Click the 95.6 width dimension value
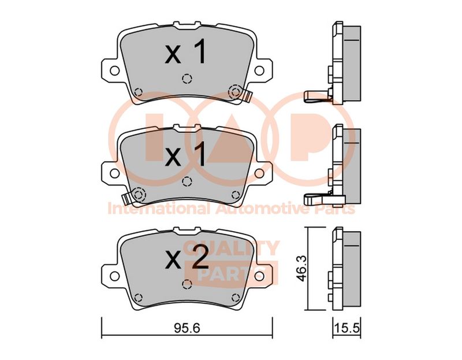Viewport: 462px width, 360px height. pyautogui.click(x=187, y=328)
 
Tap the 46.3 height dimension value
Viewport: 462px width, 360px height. pyautogui.click(x=301, y=269)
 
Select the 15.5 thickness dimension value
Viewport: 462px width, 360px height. pyautogui.click(x=347, y=328)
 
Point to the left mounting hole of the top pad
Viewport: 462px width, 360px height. pyautogui.click(x=114, y=70)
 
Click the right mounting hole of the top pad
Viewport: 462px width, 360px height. pyautogui.click(x=259, y=70)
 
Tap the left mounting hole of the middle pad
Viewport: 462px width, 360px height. pyautogui.click(x=114, y=173)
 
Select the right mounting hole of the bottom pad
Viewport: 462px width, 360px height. pyautogui.click(x=259, y=276)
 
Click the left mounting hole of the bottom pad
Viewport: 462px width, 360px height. pyautogui.click(x=114, y=276)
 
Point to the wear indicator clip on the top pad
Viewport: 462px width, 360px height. pyautogui.click(x=248, y=96)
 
